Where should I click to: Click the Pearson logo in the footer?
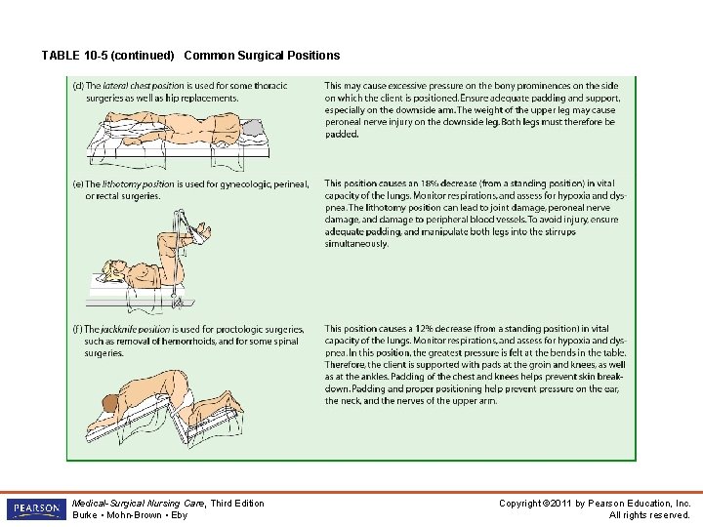(35, 509)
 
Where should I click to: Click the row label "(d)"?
(78, 86)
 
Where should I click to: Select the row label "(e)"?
(78, 183)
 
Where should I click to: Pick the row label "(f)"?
(78, 330)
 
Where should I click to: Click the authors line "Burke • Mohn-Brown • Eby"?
(130, 515)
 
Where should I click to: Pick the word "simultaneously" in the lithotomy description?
(356, 244)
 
